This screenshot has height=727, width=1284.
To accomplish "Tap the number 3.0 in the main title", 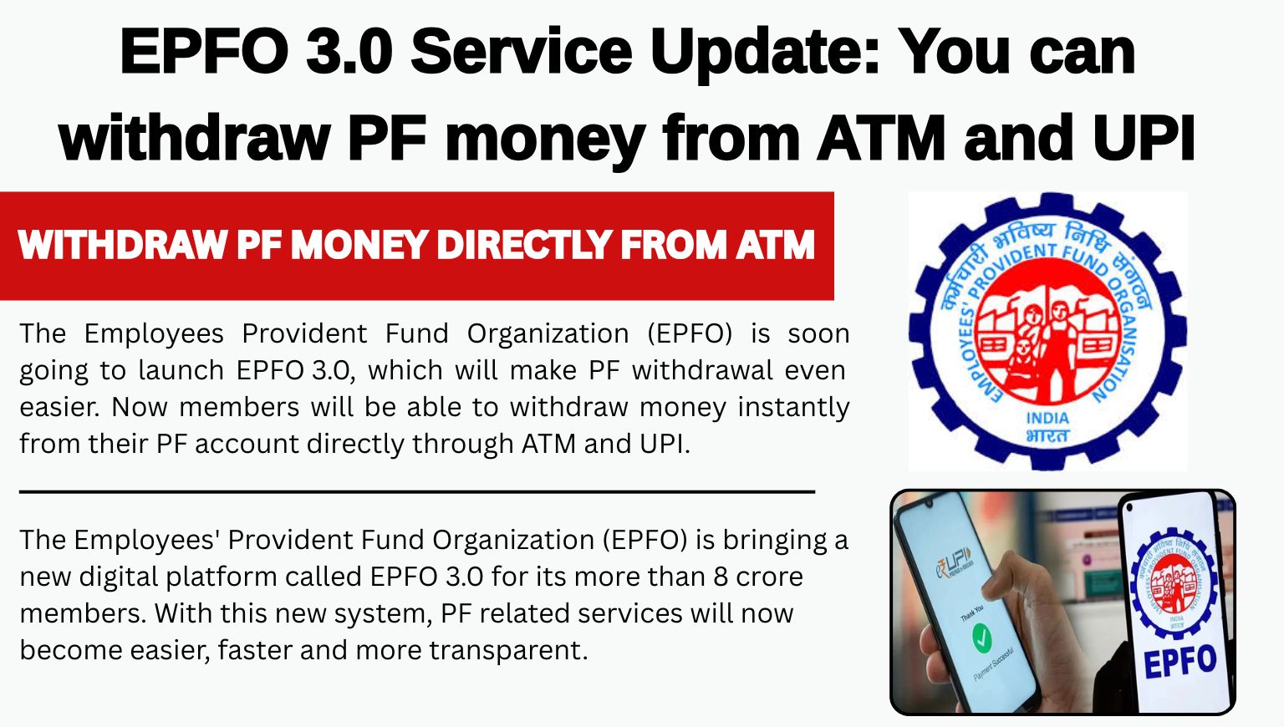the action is [349, 52].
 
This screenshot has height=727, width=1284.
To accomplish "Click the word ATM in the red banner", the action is [776, 245].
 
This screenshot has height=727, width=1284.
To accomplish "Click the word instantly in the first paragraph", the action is [793, 408].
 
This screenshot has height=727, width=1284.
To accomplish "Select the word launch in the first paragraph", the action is [181, 370].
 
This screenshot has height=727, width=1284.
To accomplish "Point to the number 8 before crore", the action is [721, 577].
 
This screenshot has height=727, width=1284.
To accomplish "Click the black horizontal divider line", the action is [417, 491].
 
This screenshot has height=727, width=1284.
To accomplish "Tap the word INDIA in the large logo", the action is [1047, 418].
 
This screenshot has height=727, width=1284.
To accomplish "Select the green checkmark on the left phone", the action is [982, 638].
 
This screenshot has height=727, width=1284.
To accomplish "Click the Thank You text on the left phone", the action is [972, 612].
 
